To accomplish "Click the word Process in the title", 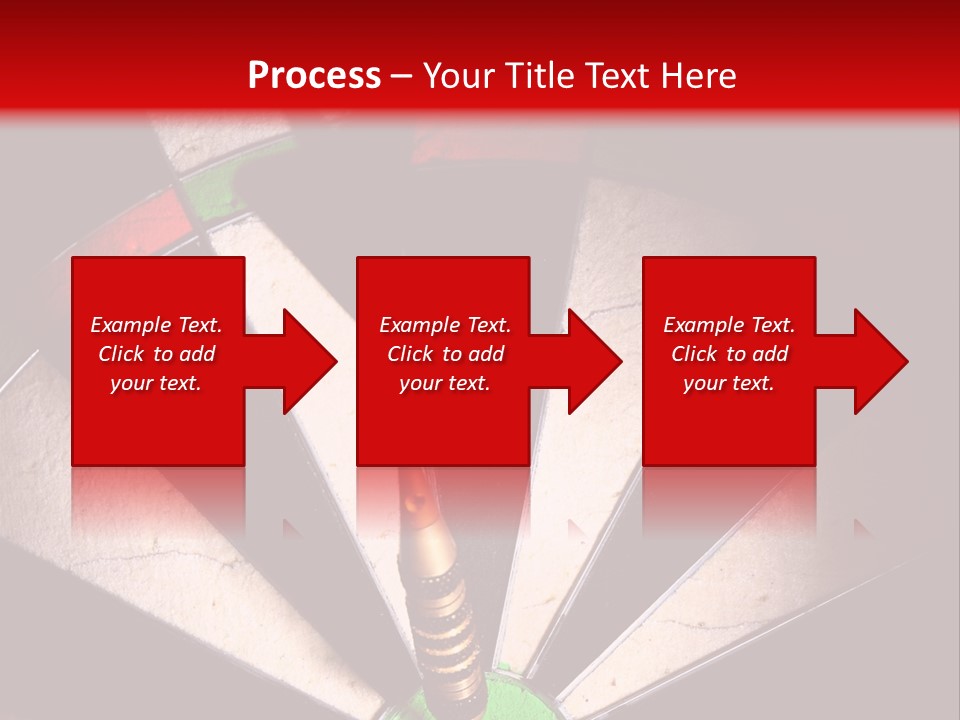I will pos(314,76).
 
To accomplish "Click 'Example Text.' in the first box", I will pos(156,325).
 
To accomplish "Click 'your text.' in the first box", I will pos(156,383).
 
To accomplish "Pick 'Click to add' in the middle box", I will pos(445,354).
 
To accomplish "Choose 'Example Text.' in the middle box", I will pos(445,325).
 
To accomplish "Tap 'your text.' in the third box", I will pos(729,383).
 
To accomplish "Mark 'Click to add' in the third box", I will pos(729,354).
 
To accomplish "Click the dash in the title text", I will pos(401,77).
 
